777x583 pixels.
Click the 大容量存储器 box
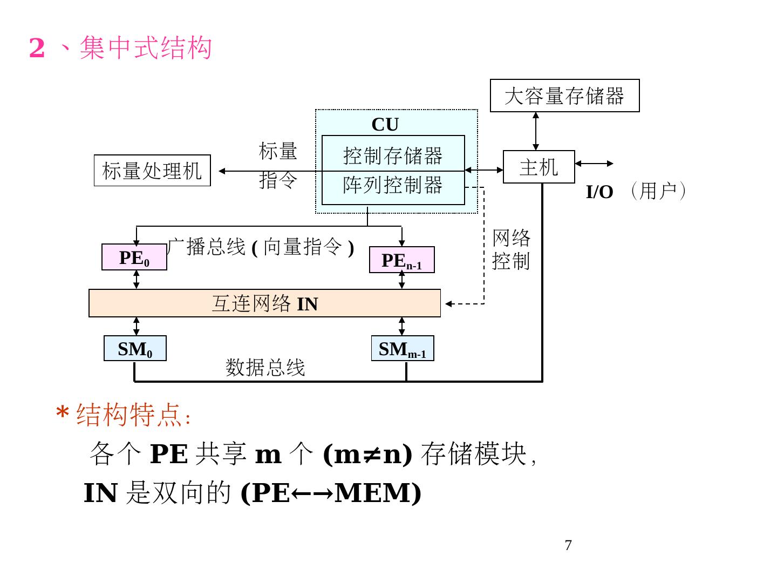[564, 96]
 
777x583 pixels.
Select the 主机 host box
[539, 167]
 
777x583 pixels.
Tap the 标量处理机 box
[152, 171]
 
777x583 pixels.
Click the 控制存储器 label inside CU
[393, 155]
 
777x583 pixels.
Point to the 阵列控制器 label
[393, 185]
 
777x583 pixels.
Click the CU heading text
[385, 125]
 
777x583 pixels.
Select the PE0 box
[134, 257]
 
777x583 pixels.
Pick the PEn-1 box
[401, 260]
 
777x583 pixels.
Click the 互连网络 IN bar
[264, 303]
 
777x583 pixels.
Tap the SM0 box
[135, 349]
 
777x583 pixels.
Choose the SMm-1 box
[403, 349]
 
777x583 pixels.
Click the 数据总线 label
[265, 368]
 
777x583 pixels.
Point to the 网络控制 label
[511, 249]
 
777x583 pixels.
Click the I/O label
[599, 192]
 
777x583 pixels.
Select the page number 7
[568, 545]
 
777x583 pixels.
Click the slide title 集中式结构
[145, 48]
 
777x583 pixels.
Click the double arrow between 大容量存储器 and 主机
[535, 131]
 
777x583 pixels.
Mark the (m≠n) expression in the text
[367, 453]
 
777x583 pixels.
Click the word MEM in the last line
[373, 492]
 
